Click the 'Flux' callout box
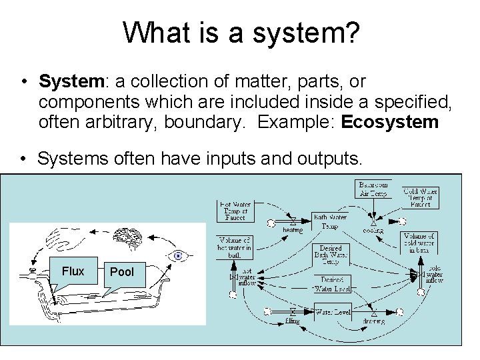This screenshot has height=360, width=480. tap(73, 271)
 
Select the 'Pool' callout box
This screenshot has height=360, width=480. tap(121, 271)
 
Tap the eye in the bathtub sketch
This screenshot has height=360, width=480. tap(179, 256)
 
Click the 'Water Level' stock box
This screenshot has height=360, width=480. tap(332, 311)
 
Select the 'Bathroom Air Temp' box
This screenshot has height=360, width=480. tap(374, 189)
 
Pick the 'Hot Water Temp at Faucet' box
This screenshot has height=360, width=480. tap(235, 210)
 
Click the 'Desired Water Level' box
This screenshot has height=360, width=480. tap(332, 284)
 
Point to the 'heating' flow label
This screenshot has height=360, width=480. tap(292, 231)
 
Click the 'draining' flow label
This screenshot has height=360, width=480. tap(373, 321)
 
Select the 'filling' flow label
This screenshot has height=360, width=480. tap(292, 321)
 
